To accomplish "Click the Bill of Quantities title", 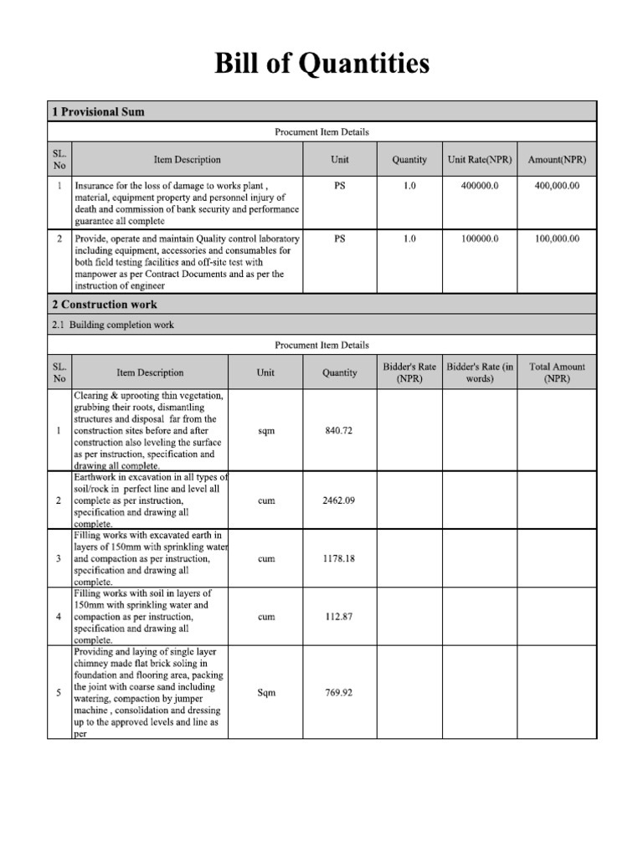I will pos(321,64).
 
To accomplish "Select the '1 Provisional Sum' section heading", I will pos(98,111).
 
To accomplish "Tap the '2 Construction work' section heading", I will pos(105,304).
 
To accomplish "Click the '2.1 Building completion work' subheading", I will pos(113,325).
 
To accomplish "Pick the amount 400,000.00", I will pos(557,186).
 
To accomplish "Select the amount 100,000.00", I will pos(557,239).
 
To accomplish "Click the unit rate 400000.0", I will pos(480,186).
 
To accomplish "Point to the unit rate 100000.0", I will pos(480,239).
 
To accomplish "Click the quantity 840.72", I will pos(339,430).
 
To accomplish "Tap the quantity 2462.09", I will pos(339,500).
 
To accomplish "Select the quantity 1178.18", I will pos(339,558).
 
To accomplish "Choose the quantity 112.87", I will pos(339,617).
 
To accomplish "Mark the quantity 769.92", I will pos(339,692).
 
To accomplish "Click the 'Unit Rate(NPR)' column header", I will pos(480,159).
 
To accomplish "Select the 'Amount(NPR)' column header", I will pos(557,159).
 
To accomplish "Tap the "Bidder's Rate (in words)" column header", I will pos(480,372).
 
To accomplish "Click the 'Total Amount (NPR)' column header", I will pos(557,372).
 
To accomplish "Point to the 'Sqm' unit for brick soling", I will pos(267,692).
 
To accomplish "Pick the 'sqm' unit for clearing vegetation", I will pos(267,430).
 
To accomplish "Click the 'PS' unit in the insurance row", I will pos(340,186).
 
